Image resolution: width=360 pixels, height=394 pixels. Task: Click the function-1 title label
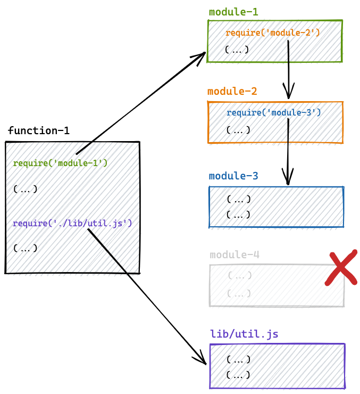(x=38, y=130)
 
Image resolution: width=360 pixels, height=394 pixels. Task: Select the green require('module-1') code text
(x=60, y=163)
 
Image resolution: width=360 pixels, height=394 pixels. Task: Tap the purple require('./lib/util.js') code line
(x=72, y=224)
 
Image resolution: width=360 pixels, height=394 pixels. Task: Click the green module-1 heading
(x=233, y=12)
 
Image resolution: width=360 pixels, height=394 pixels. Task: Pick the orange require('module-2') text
(x=272, y=33)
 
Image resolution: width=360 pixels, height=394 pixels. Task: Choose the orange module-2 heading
(x=232, y=91)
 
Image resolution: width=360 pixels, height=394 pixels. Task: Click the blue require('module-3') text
(x=273, y=112)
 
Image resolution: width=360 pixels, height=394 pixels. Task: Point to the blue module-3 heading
(x=233, y=176)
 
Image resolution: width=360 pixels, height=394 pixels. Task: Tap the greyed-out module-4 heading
(x=235, y=255)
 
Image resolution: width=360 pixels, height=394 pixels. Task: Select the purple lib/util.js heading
(x=244, y=334)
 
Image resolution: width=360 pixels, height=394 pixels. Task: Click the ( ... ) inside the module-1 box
(x=237, y=50)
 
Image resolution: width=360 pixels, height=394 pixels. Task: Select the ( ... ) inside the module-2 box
(x=238, y=130)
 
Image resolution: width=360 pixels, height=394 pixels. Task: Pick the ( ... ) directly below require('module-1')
(x=25, y=188)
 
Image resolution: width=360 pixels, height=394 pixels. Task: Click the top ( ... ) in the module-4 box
(x=239, y=276)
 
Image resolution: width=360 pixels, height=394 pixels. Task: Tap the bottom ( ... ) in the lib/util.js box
(x=238, y=375)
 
